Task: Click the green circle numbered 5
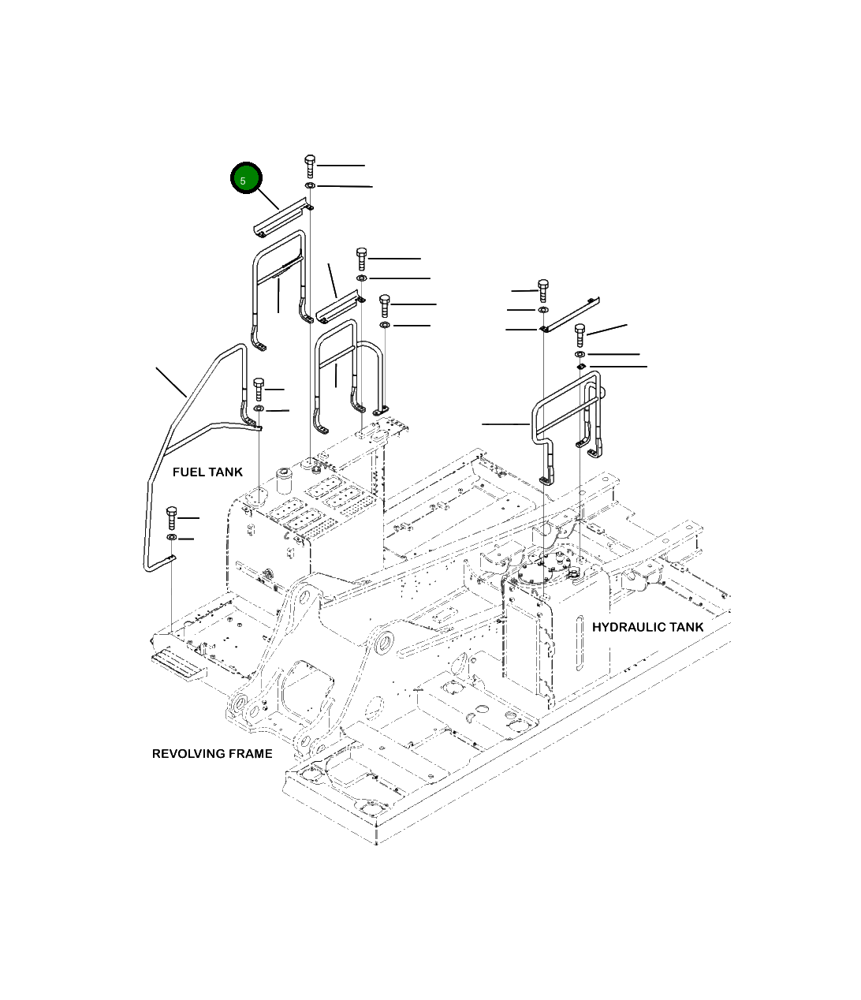click(245, 180)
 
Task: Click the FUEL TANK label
click(207, 472)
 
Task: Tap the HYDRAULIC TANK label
click(647, 627)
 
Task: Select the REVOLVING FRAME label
click(212, 753)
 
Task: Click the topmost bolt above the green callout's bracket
click(310, 166)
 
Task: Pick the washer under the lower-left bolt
click(172, 538)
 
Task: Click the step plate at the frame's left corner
click(178, 663)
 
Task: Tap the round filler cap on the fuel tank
click(283, 477)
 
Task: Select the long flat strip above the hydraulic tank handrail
click(571, 313)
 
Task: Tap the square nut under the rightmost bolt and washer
click(580, 367)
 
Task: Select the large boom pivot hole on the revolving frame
click(383, 644)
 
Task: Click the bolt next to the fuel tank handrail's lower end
click(259, 389)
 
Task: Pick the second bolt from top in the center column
click(362, 257)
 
